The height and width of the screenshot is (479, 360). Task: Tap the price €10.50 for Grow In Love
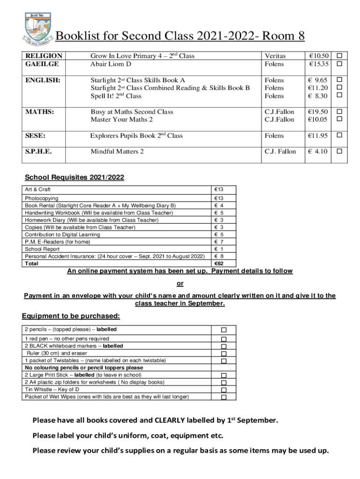(x=318, y=56)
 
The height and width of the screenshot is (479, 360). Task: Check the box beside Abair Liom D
(x=340, y=64)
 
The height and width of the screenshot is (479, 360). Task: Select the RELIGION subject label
(x=43, y=56)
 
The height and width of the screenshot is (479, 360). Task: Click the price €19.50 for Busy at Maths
(x=318, y=112)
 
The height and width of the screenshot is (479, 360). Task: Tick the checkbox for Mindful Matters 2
(x=340, y=152)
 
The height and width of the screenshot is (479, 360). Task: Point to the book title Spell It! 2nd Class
(x=116, y=96)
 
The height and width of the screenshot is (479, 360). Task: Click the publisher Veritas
(x=275, y=56)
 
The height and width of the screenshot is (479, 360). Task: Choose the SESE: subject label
(x=36, y=136)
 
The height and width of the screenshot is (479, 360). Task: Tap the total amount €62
(x=219, y=263)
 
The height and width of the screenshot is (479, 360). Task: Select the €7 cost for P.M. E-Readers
(x=218, y=242)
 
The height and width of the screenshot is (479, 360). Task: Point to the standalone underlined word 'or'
(x=180, y=283)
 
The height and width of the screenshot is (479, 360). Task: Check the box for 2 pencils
(x=223, y=330)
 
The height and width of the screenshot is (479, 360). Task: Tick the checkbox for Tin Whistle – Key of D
(x=223, y=390)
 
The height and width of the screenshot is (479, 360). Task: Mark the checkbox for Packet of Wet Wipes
(x=223, y=397)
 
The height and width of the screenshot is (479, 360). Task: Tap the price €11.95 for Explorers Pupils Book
(x=318, y=136)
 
